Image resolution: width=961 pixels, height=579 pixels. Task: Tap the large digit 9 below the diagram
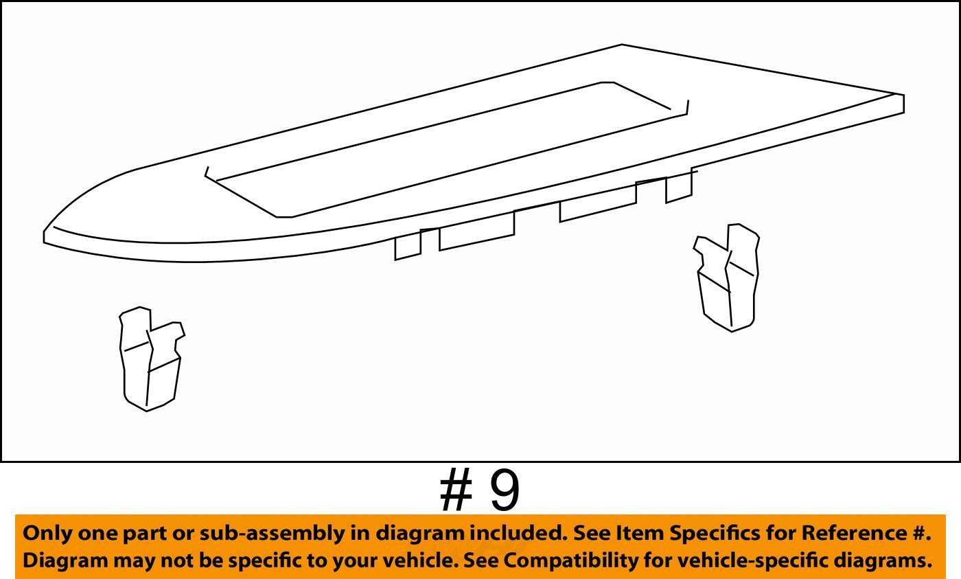[505, 491]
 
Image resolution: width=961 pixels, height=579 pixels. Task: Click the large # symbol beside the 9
[456, 491]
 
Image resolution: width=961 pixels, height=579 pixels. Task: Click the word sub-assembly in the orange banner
[272, 534]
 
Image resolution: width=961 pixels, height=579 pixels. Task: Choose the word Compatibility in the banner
[570, 561]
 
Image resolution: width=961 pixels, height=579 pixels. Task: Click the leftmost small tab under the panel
[408, 246]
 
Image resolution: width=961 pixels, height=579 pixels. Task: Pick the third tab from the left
[598, 202]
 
